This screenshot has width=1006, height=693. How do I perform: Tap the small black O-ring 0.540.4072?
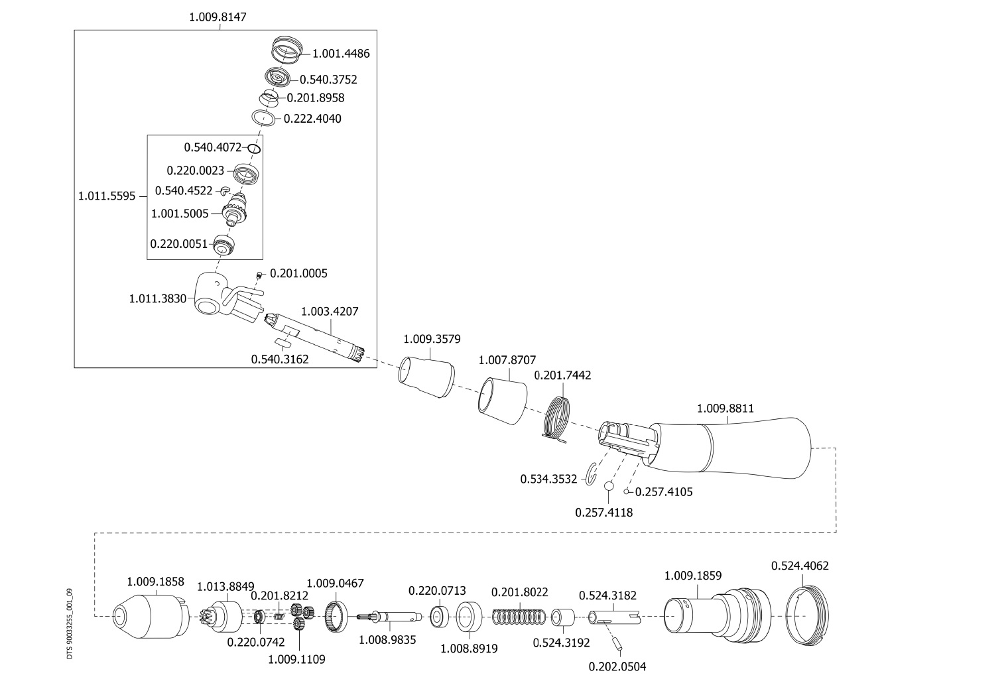[254, 148]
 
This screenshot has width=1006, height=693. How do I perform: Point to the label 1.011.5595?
[107, 196]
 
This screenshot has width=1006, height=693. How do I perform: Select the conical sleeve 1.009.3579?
[426, 376]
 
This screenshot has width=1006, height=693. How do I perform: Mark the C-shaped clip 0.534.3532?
[592, 477]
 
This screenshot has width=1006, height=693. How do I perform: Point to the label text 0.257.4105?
[664, 492]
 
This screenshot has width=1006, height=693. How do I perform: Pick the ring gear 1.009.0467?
[336, 617]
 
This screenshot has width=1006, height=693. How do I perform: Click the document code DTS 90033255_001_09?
[70, 623]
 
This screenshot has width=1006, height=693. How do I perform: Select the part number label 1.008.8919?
[469, 648]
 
